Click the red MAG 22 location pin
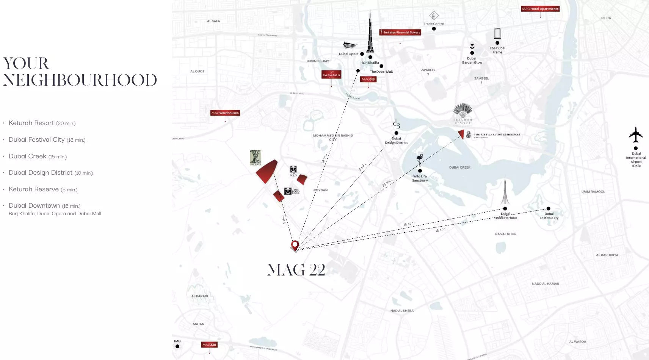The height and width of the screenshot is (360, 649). coord(295,245)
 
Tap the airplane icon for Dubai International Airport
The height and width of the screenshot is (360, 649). coord(636,135)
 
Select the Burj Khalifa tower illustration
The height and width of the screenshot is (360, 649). coord(370,34)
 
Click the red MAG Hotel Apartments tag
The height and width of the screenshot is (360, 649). coord(540,9)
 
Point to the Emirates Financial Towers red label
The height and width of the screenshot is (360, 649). coord(400,32)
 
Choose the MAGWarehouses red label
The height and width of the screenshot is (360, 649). coord(225,113)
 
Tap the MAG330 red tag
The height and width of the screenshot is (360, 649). coord(209,344)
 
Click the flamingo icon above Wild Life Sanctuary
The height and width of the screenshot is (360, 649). coord(420,160)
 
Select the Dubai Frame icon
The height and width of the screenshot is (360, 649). coord(497,34)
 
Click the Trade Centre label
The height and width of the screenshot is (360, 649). coord(434,24)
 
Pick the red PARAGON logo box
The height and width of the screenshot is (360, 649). coord(331,75)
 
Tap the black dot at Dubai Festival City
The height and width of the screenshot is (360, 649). coord(548,208)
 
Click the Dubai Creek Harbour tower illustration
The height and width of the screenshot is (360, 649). coord(505,191)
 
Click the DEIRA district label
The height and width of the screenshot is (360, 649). coord(606,18)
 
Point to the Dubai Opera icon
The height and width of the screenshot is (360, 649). coord(350,45)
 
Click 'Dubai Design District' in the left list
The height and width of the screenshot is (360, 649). coord(41,173)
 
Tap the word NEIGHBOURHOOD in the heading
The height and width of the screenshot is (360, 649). coord(80,80)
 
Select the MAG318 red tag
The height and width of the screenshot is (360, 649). coord(368,79)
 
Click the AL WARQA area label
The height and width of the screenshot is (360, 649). coord(577,341)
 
